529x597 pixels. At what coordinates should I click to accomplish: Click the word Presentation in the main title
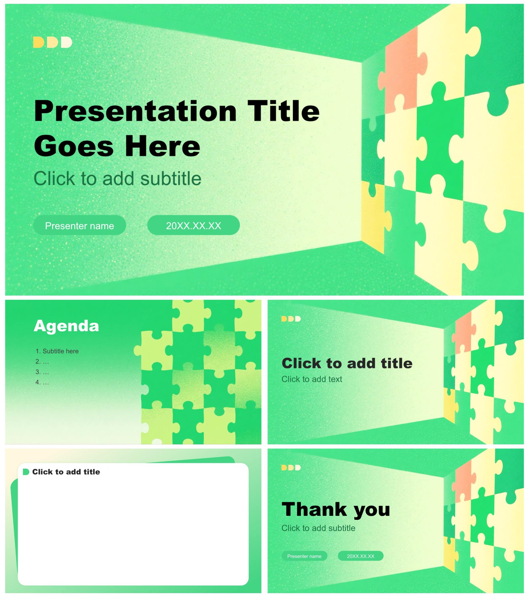(x=135, y=111)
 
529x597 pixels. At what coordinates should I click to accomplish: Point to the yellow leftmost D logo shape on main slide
(x=38, y=42)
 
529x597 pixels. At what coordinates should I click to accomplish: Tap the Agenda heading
(x=66, y=326)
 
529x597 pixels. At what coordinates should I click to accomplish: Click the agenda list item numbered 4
(x=42, y=382)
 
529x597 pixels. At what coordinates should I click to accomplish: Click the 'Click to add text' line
(x=312, y=379)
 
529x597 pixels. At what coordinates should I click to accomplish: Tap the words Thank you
(x=336, y=510)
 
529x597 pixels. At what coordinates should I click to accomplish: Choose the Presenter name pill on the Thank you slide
(x=304, y=556)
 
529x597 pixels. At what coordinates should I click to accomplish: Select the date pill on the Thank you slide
(x=360, y=556)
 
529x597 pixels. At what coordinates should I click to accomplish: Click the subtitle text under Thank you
(x=319, y=528)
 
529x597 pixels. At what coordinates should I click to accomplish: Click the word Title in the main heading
(x=283, y=111)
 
